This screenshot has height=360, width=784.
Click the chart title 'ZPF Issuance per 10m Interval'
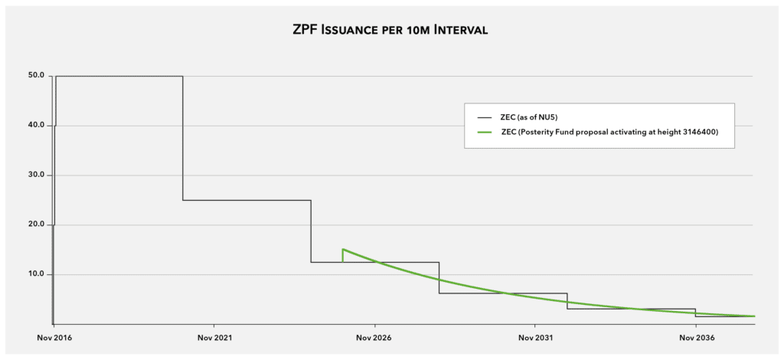390,31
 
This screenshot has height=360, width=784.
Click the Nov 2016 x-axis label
54,338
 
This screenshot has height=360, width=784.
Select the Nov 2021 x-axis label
214,338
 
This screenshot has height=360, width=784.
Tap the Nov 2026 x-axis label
374,338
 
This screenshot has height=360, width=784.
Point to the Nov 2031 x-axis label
535,338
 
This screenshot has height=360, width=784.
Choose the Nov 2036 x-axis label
695,338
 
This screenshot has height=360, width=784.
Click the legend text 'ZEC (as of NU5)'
529,117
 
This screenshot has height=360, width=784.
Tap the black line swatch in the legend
485,117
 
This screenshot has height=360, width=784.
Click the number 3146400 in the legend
705,132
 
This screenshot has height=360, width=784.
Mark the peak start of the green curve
342,249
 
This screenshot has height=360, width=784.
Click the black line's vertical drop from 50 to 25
182,138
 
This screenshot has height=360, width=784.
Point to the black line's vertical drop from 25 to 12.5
311,231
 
